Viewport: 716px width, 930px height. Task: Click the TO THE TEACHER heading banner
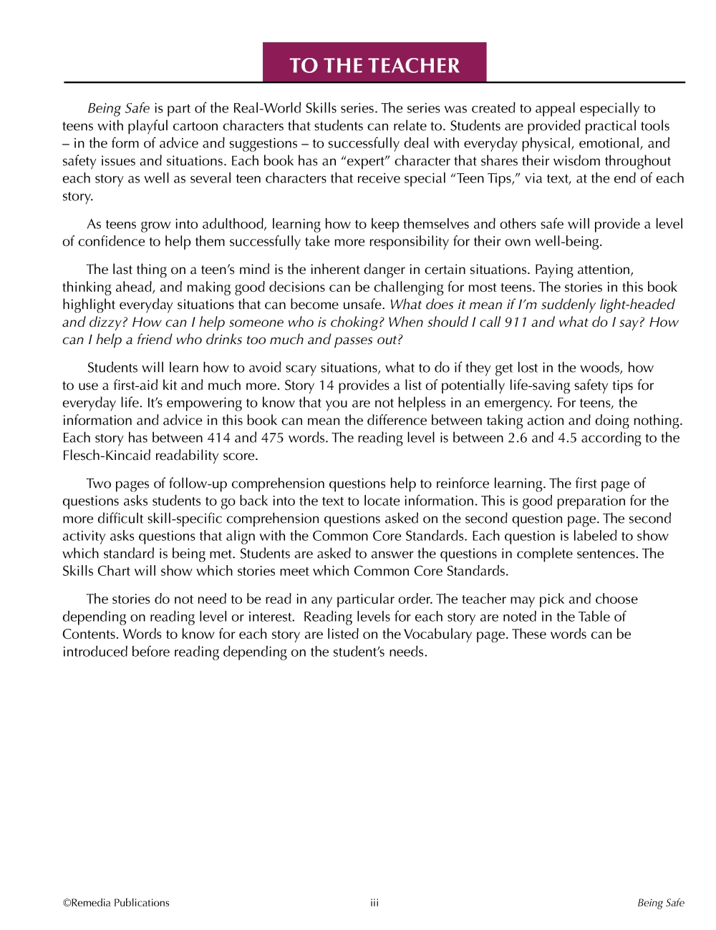[x=374, y=65]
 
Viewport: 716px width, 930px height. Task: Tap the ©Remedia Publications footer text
[x=116, y=903]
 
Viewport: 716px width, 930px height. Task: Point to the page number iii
[x=374, y=903]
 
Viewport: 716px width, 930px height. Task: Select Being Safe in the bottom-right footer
[x=661, y=903]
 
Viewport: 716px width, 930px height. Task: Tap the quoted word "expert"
[x=365, y=161]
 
